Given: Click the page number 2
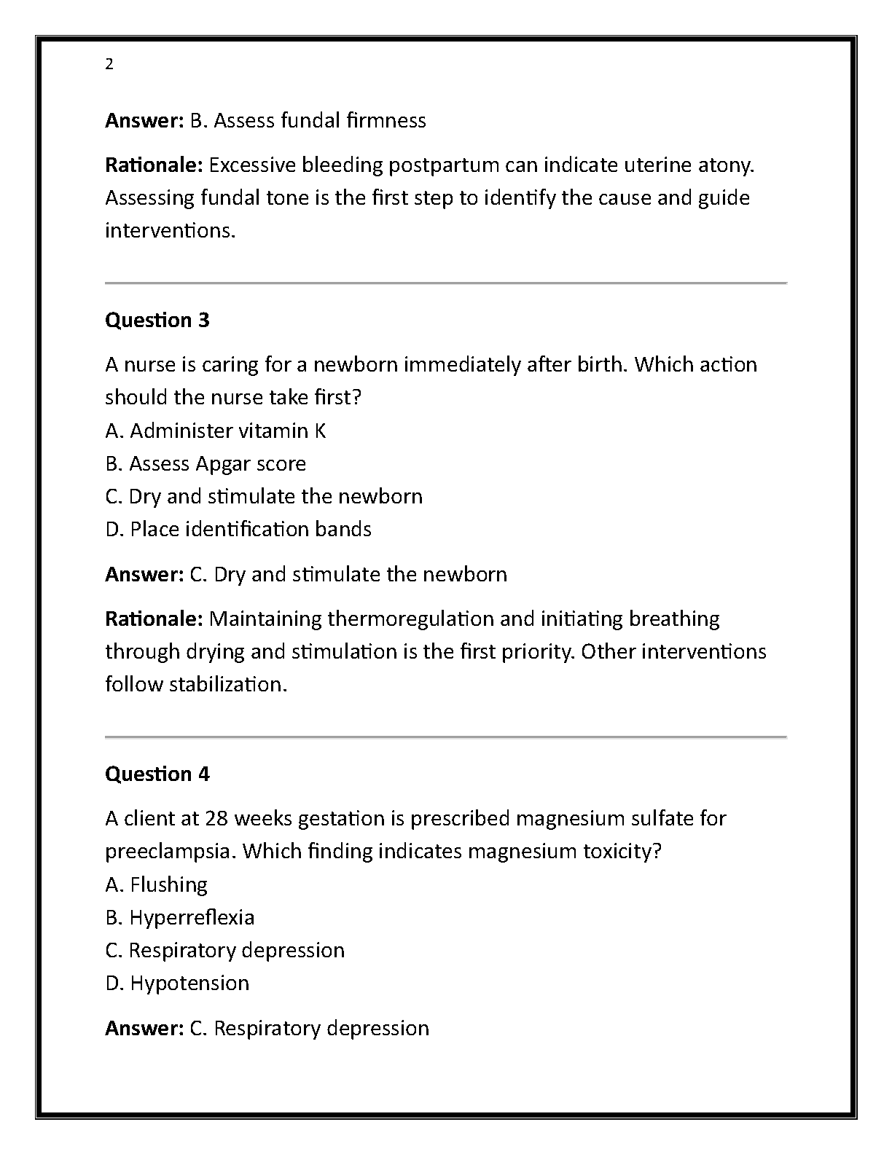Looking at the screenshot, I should (109, 65).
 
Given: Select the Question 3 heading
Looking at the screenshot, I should (157, 320).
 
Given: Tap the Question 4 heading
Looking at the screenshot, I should (157, 774).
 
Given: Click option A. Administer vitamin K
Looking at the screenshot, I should (216, 431).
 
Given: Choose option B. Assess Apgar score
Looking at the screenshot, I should (206, 464).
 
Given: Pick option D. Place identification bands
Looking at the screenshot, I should (238, 529).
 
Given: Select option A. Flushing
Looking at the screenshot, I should (157, 884).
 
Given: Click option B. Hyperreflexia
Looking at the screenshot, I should (180, 917).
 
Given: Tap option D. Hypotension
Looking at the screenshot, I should (177, 983).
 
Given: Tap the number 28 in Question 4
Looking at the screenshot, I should (217, 819).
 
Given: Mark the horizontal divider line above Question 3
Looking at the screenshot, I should (446, 283).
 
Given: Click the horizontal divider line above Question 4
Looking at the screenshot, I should (446, 737).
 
